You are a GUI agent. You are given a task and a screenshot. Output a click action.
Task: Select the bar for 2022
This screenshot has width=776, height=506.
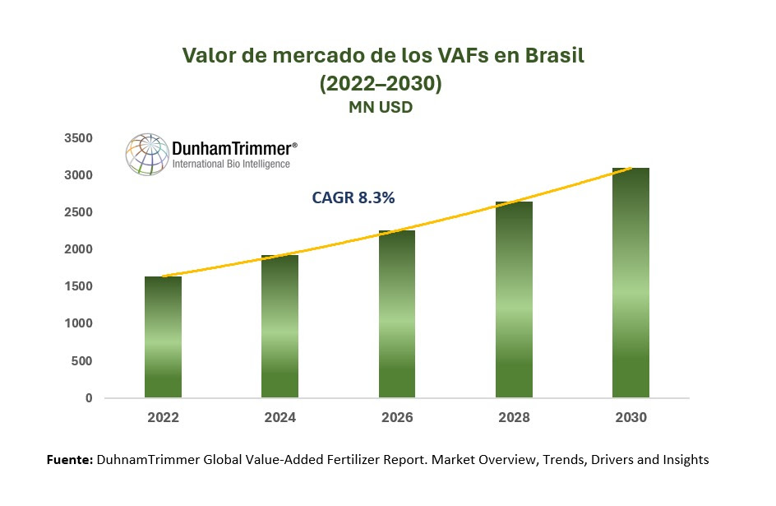163,337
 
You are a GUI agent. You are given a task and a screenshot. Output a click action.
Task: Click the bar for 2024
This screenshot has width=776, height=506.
279,327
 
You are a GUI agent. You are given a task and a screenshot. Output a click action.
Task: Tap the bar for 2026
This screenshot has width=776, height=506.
396,314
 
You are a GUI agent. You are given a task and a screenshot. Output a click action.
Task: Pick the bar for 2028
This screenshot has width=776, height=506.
514,299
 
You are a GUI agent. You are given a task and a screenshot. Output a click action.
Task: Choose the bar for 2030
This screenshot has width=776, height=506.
630,283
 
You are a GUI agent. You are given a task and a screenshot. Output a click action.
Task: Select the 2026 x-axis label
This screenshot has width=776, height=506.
396,418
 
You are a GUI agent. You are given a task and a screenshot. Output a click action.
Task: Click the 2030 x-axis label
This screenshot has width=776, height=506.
630,418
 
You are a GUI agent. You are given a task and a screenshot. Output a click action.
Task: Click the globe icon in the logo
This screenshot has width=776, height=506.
146,154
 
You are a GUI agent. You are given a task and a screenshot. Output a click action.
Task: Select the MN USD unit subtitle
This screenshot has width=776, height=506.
381,108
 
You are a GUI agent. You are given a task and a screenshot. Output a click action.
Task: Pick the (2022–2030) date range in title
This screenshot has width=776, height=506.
381,84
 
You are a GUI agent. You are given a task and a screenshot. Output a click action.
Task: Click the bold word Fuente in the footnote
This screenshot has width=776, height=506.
69,460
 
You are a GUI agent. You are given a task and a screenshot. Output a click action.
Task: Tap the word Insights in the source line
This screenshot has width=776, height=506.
683,460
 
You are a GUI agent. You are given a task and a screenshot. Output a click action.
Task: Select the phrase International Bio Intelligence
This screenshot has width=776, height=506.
231,165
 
